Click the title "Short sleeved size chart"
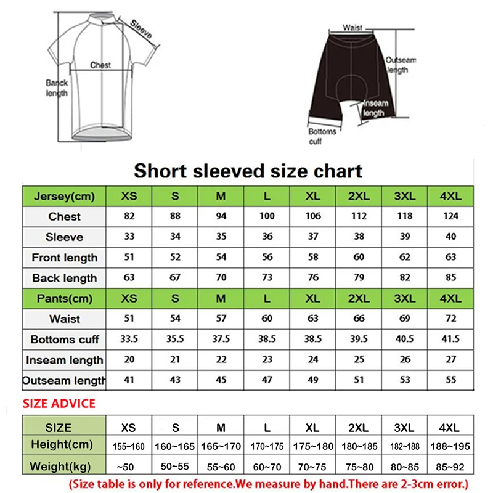248,170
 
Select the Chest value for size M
221,216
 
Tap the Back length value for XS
129,278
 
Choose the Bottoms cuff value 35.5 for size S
175,340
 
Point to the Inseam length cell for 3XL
405,360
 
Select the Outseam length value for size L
267,380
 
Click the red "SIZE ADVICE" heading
59,404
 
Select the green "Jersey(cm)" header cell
64,196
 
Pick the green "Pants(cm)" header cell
64,299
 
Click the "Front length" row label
64,258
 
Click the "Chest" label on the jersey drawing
100,65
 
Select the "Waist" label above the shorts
352,28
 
